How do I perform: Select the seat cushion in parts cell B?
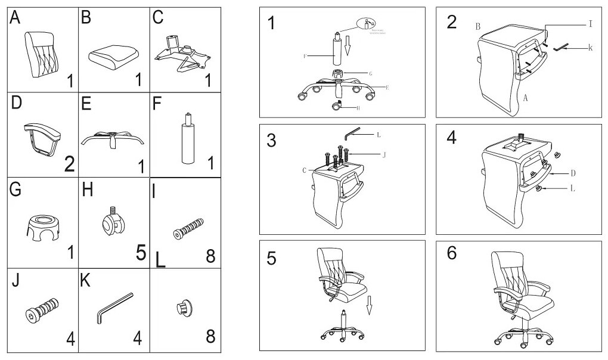point(113,58)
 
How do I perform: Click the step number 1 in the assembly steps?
point(273,23)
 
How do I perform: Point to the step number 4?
point(451,138)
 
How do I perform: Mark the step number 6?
point(452,252)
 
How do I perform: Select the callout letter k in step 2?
point(590,47)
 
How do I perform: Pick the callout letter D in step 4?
point(572,173)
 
